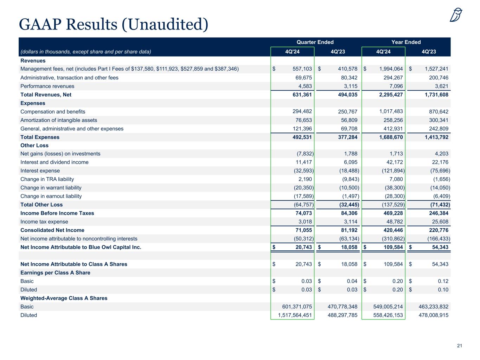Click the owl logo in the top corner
pyautogui.click(x=456, y=15)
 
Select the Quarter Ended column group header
pyautogui.click(x=315, y=42)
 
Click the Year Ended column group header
pyautogui.click(x=406, y=42)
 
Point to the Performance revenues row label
pyautogui.click(x=47, y=86)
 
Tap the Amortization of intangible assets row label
pyautogui.click(x=59, y=120)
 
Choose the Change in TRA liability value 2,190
pyautogui.click(x=305, y=179)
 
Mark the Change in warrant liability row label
pyautogui.click(x=51, y=188)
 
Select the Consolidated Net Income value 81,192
pyautogui.click(x=347, y=230)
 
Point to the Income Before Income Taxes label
pyautogui.click(x=57, y=213)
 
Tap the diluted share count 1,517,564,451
pyautogui.click(x=295, y=315)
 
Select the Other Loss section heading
pyautogui.click(x=34, y=146)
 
